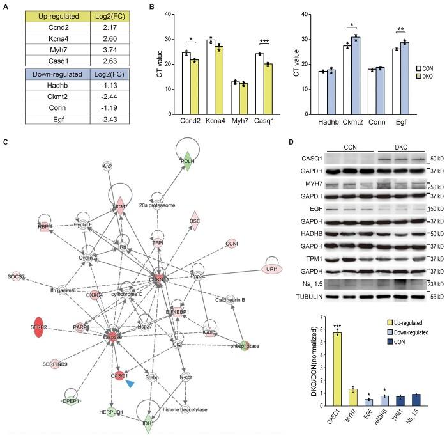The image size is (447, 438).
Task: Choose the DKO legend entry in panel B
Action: pos(430,76)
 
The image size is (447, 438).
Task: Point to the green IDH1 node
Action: pos(148,423)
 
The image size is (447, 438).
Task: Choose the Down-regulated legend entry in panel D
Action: pos(414,334)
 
